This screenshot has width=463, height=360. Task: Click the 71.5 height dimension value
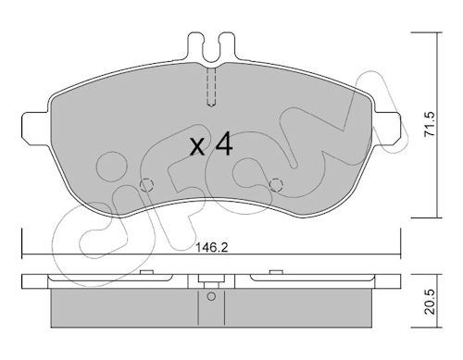[x=430, y=124]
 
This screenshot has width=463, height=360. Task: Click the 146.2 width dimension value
[x=212, y=247]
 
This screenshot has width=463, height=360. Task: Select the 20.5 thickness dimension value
[x=430, y=302]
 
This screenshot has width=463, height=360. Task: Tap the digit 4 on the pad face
[x=224, y=143]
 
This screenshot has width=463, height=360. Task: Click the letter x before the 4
[x=197, y=147]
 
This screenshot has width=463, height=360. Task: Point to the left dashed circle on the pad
[x=146, y=185]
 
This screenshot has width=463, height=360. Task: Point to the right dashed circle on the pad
[x=276, y=185]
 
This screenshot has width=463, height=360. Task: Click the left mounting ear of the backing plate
[x=35, y=128]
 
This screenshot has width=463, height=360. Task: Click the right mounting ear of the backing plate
[x=387, y=128]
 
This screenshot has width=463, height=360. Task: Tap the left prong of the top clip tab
[x=195, y=46]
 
